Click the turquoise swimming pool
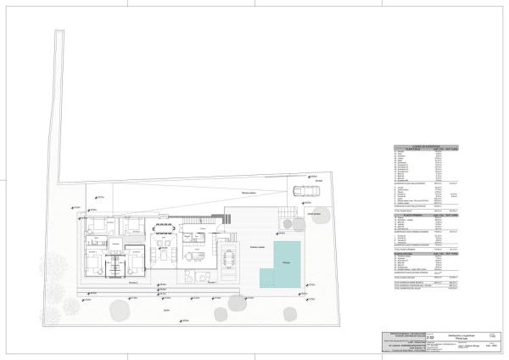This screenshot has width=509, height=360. tap(281, 258)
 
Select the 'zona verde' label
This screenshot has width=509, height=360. tap(314, 214)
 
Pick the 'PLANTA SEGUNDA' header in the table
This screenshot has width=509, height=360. tap(408, 253)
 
